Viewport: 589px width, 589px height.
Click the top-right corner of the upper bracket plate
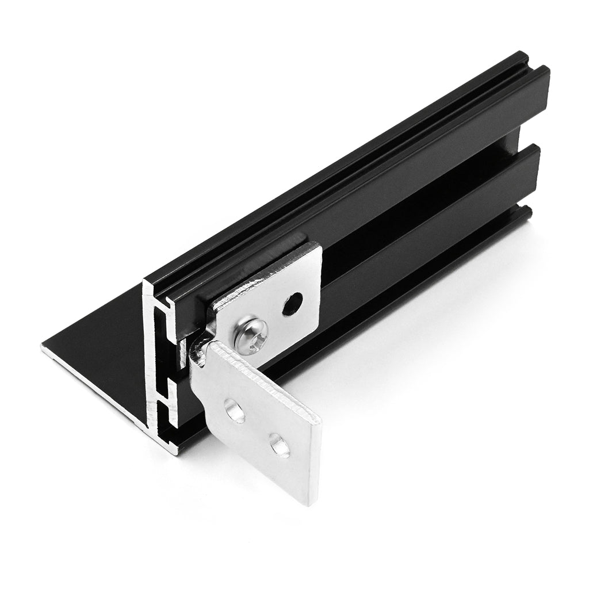(x=317, y=246)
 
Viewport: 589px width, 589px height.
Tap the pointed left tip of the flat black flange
(x=43, y=347)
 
